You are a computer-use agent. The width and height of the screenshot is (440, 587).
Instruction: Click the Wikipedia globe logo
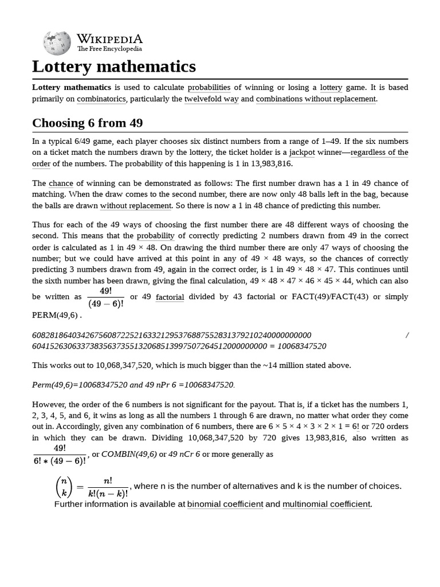click(x=57, y=42)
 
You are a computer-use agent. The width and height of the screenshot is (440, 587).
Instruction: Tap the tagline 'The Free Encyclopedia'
click(x=109, y=49)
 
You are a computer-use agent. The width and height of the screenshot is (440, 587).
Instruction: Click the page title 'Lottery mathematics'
click(x=114, y=66)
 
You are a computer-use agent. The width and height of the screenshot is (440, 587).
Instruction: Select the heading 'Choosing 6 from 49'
click(x=88, y=123)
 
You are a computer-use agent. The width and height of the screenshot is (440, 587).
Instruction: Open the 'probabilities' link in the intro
click(x=209, y=87)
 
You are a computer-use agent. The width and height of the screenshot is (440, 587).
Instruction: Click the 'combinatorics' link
click(x=102, y=99)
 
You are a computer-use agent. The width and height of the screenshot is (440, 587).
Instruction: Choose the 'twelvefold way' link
click(x=211, y=99)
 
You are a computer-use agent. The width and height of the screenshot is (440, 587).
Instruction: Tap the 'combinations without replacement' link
click(x=316, y=99)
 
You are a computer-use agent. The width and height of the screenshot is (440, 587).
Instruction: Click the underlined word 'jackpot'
click(x=302, y=152)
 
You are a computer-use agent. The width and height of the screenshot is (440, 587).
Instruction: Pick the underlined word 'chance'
click(x=61, y=183)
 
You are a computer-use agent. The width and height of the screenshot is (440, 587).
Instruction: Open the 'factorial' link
click(x=170, y=296)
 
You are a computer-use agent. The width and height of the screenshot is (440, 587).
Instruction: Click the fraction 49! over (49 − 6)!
click(x=105, y=297)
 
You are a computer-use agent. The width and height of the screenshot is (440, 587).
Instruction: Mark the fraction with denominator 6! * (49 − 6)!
click(x=60, y=454)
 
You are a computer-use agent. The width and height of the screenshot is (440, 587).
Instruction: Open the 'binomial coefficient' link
click(x=225, y=504)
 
